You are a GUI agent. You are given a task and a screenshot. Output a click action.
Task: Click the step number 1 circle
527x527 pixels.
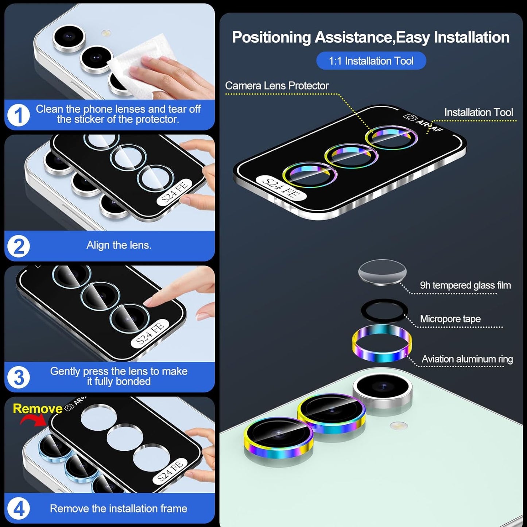pyautogui.click(x=18, y=115)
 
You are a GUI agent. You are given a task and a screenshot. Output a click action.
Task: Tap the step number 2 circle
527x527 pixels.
pyautogui.click(x=18, y=246)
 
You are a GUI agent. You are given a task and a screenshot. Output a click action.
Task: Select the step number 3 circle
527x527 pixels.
pyautogui.click(x=18, y=377)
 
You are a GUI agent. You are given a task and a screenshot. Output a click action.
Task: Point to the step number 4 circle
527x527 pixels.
pyautogui.click(x=18, y=508)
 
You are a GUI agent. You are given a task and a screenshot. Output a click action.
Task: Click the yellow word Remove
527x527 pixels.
pyautogui.click(x=38, y=408)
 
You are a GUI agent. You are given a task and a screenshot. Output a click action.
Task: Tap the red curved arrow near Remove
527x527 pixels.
pyautogui.click(x=33, y=420)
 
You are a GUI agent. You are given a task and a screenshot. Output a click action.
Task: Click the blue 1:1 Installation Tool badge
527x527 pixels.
pyautogui.click(x=371, y=61)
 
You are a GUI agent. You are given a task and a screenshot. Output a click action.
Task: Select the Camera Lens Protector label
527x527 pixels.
pyautogui.click(x=276, y=86)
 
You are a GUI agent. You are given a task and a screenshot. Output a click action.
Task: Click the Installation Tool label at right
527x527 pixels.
pyautogui.click(x=478, y=112)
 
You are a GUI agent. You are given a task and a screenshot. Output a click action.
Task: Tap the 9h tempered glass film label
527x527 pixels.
pyautogui.click(x=465, y=285)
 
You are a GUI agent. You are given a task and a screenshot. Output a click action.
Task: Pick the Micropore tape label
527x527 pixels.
pyautogui.click(x=450, y=319)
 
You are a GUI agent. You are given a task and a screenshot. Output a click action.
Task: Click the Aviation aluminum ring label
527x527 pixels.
pyautogui.click(x=467, y=359)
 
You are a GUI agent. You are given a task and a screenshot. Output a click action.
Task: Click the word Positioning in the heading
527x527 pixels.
pyautogui.click(x=271, y=38)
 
